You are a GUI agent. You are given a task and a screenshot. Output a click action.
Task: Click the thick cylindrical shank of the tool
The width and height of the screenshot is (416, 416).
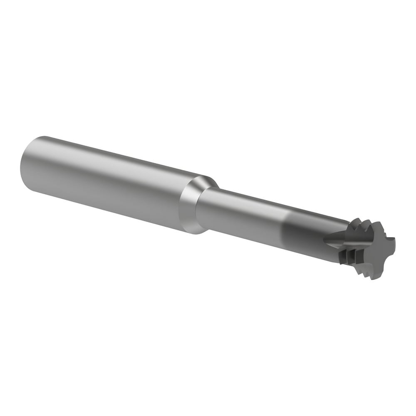tap(104, 183)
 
